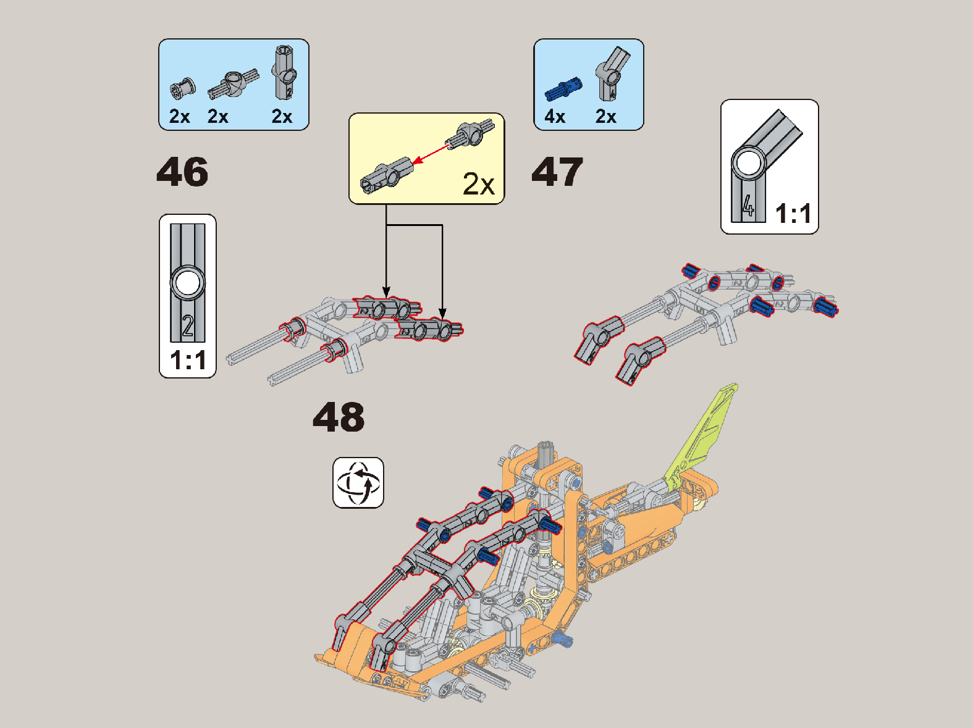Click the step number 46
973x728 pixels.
[x=182, y=172]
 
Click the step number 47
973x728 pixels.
[x=557, y=172]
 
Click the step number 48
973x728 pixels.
[x=339, y=417]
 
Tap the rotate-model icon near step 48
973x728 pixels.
[x=358, y=482]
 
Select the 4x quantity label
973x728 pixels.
[x=555, y=117]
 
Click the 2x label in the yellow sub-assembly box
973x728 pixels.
[x=478, y=183]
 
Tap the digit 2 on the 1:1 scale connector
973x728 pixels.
[x=188, y=326]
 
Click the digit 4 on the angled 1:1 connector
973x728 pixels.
[x=748, y=206]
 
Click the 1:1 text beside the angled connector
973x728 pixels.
[x=793, y=214]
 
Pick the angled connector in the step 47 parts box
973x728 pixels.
[x=612, y=73]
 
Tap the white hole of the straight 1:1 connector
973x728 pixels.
[x=188, y=283]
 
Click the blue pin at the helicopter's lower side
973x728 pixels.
[x=563, y=639]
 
